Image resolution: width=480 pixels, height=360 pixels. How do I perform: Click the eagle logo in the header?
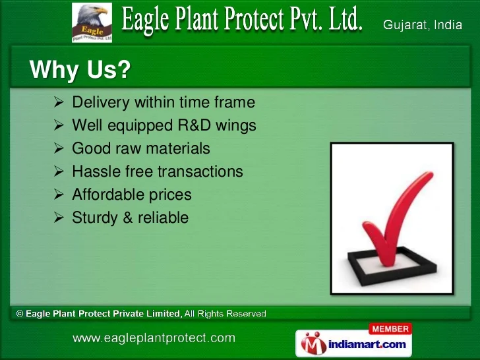pyautogui.click(x=92, y=22)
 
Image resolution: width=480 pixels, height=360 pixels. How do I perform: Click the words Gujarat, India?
pyautogui.click(x=423, y=25)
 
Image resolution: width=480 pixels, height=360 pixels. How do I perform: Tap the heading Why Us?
pyautogui.click(x=80, y=69)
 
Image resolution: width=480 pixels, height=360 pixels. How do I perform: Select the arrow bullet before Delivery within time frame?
pyautogui.click(x=59, y=102)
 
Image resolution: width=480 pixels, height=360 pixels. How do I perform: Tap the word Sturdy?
pyautogui.click(x=95, y=218)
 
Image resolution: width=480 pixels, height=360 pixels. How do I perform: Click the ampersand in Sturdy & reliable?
pyautogui.click(x=128, y=218)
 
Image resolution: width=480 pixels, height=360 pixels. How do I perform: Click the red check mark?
pyautogui.click(x=398, y=219)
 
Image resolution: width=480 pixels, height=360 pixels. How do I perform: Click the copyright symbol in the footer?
pyautogui.click(x=20, y=314)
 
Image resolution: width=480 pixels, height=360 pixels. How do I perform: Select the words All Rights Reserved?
pyautogui.click(x=225, y=314)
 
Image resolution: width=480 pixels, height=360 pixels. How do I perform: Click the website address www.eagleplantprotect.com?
pyautogui.click(x=154, y=338)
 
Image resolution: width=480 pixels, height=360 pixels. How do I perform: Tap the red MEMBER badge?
pyautogui.click(x=390, y=329)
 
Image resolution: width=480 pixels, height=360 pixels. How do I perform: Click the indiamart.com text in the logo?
pyautogui.click(x=367, y=345)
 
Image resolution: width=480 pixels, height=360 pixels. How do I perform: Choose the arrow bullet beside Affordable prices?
pyautogui.click(x=59, y=195)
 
